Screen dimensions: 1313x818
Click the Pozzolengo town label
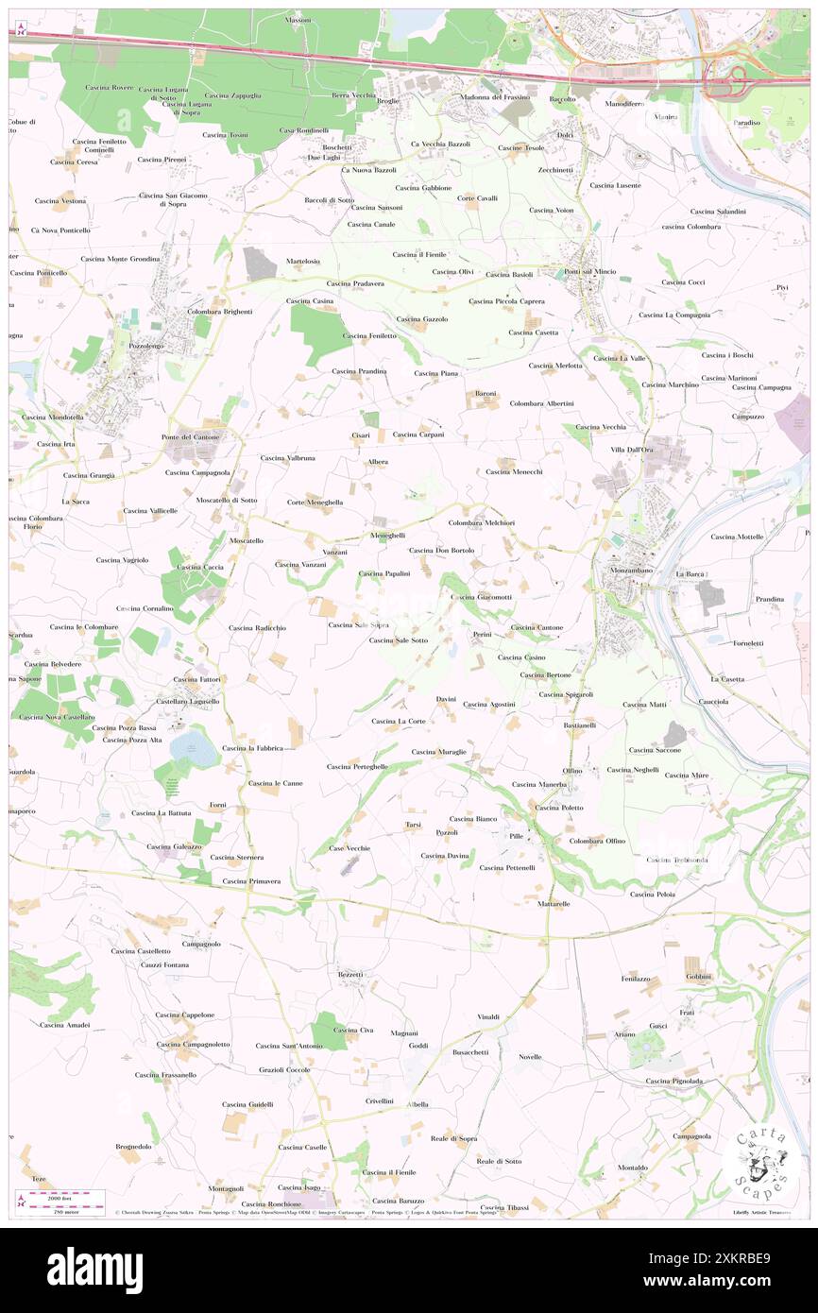point(131,347)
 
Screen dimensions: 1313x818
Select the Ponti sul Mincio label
point(590,272)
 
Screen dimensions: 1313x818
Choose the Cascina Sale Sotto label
point(398,640)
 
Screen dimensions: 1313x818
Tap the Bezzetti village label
point(350,973)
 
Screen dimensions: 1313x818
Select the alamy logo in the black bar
point(94,1270)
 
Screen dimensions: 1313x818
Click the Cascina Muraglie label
point(438,752)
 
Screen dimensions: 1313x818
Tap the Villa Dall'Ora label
point(631,450)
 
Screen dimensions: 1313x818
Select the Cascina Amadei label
point(64,1024)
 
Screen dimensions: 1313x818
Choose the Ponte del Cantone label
point(190,436)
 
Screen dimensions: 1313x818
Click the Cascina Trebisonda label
point(678,860)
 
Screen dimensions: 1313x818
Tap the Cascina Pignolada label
point(673,1081)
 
